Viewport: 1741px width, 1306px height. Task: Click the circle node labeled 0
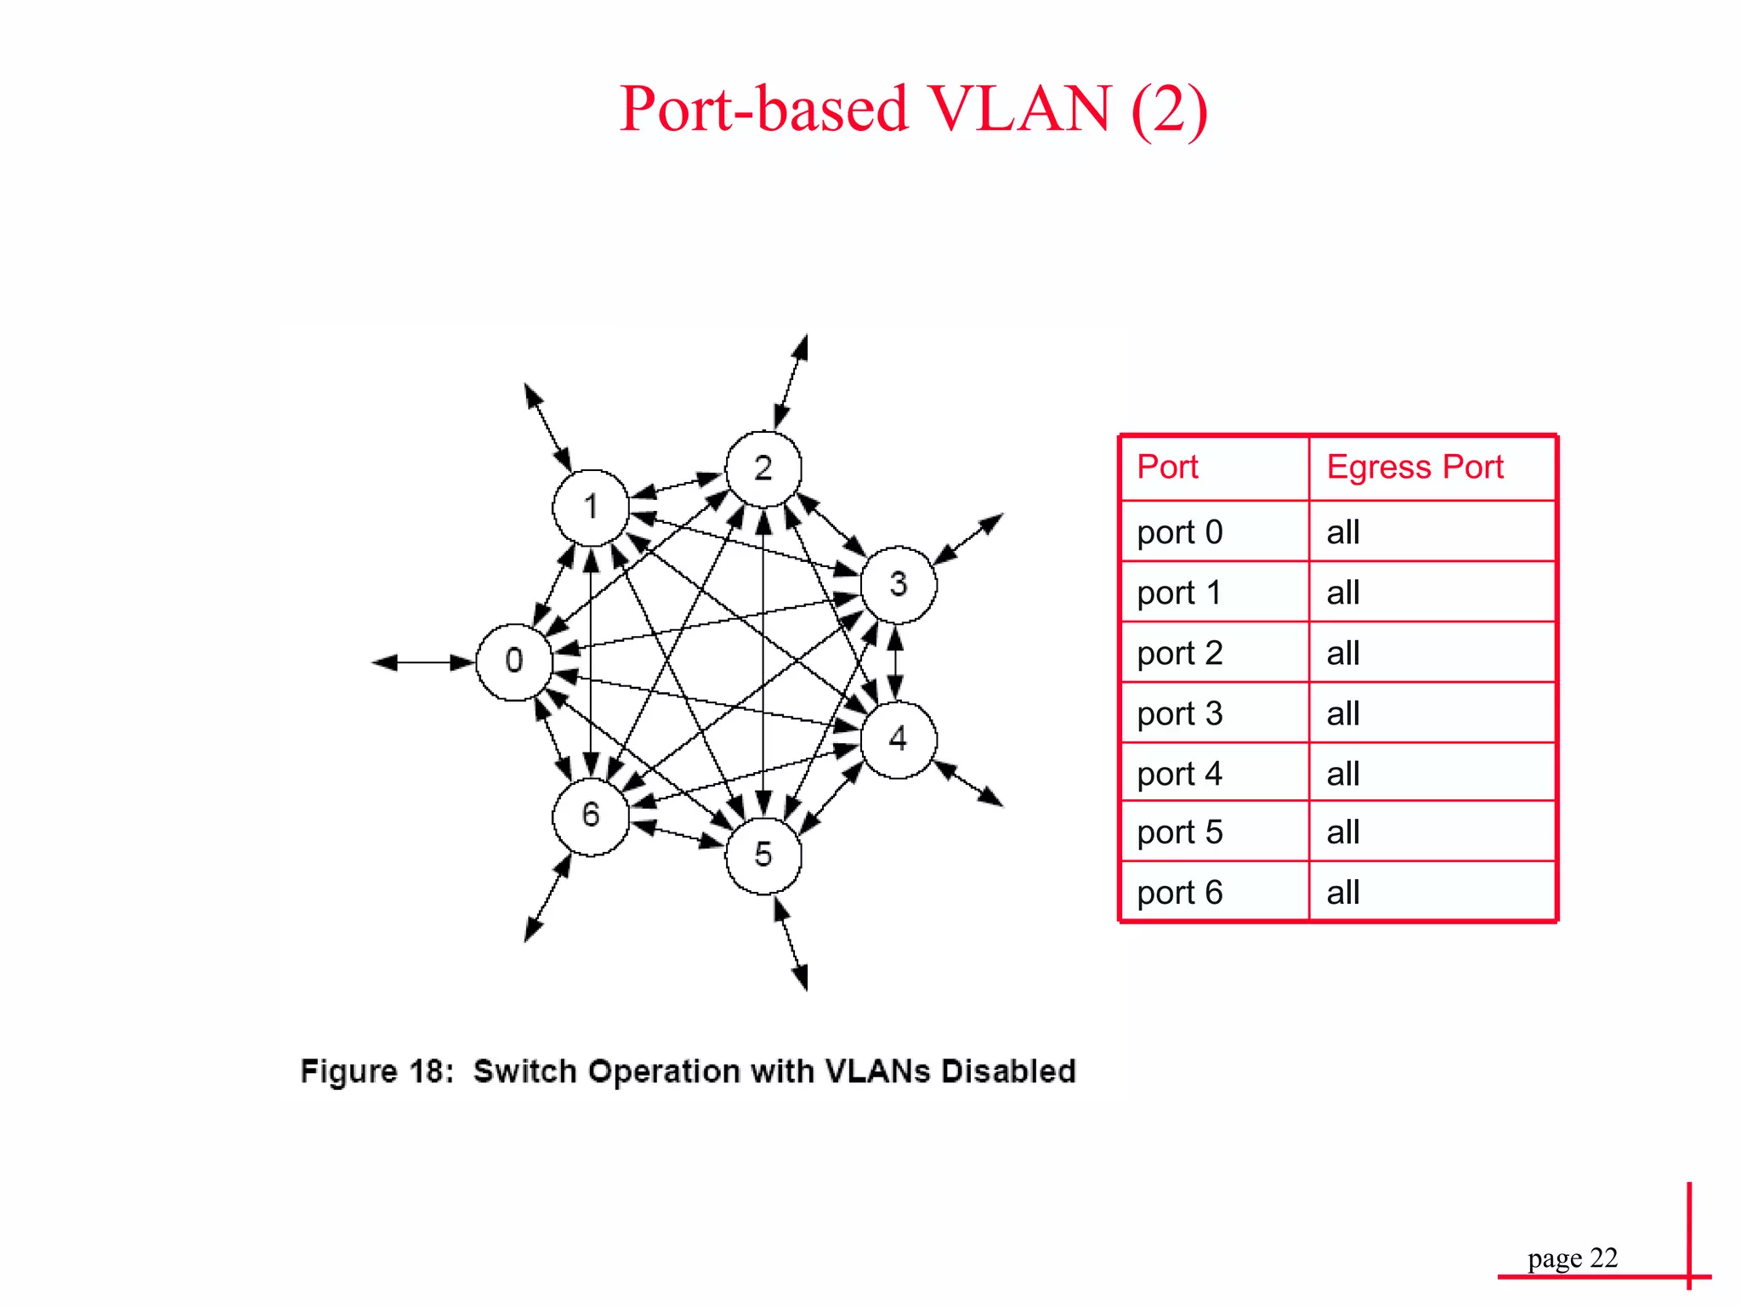point(514,662)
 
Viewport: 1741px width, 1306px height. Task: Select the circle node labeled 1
point(591,508)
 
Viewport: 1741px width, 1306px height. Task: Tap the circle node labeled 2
point(763,468)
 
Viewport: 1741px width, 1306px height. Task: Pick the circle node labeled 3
point(899,585)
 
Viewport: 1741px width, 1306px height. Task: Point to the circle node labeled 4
point(899,739)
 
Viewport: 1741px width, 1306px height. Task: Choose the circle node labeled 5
point(763,855)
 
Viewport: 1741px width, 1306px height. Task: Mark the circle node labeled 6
point(591,816)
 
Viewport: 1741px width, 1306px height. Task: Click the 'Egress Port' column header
point(1415,468)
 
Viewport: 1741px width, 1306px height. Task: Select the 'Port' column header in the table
point(1167,468)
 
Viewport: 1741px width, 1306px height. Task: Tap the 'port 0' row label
point(1180,533)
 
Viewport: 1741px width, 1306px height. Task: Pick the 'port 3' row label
point(1180,714)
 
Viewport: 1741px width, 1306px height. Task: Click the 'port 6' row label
point(1180,894)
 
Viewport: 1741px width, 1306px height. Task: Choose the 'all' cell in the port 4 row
point(1343,775)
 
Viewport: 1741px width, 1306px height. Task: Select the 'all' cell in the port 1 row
point(1343,593)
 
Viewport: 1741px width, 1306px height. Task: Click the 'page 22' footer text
point(1572,1258)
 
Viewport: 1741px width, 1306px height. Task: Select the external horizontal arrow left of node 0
point(423,662)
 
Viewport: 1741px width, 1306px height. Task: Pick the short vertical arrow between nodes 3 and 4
point(895,662)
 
